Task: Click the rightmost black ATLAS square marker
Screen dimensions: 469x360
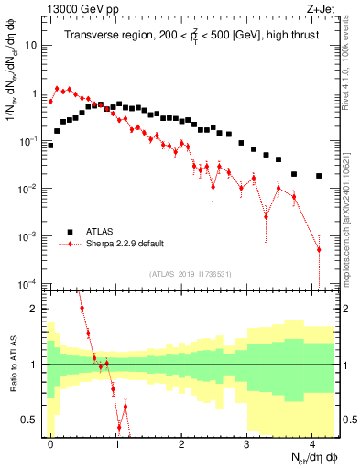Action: [319, 176]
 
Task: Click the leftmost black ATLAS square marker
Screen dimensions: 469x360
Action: [50, 145]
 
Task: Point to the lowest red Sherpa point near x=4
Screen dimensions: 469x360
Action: [319, 249]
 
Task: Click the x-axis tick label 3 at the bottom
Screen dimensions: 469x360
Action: [247, 442]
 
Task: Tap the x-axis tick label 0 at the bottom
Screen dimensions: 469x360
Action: [50, 442]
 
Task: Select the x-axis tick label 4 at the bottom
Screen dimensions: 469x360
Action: [312, 442]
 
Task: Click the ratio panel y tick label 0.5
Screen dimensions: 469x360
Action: [32, 420]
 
